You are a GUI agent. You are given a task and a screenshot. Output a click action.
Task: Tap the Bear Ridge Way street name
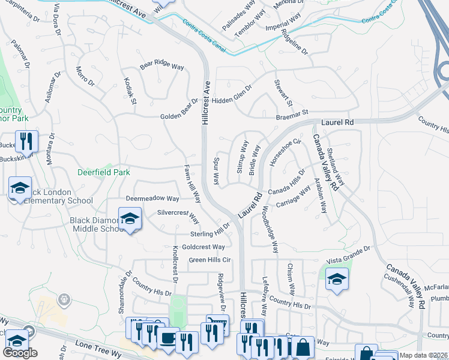point(161,66)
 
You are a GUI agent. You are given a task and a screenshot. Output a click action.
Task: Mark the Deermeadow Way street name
point(152,199)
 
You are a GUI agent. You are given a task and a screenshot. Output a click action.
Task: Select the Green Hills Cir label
point(210,260)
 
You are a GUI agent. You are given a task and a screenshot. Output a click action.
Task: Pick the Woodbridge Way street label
point(271,230)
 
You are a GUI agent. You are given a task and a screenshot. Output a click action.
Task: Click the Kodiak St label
point(130,91)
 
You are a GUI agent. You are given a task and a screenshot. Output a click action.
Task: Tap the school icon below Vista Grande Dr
point(337,279)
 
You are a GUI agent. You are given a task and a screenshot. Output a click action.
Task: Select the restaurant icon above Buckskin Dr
point(26,142)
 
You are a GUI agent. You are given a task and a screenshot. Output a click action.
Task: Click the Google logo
point(20,353)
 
